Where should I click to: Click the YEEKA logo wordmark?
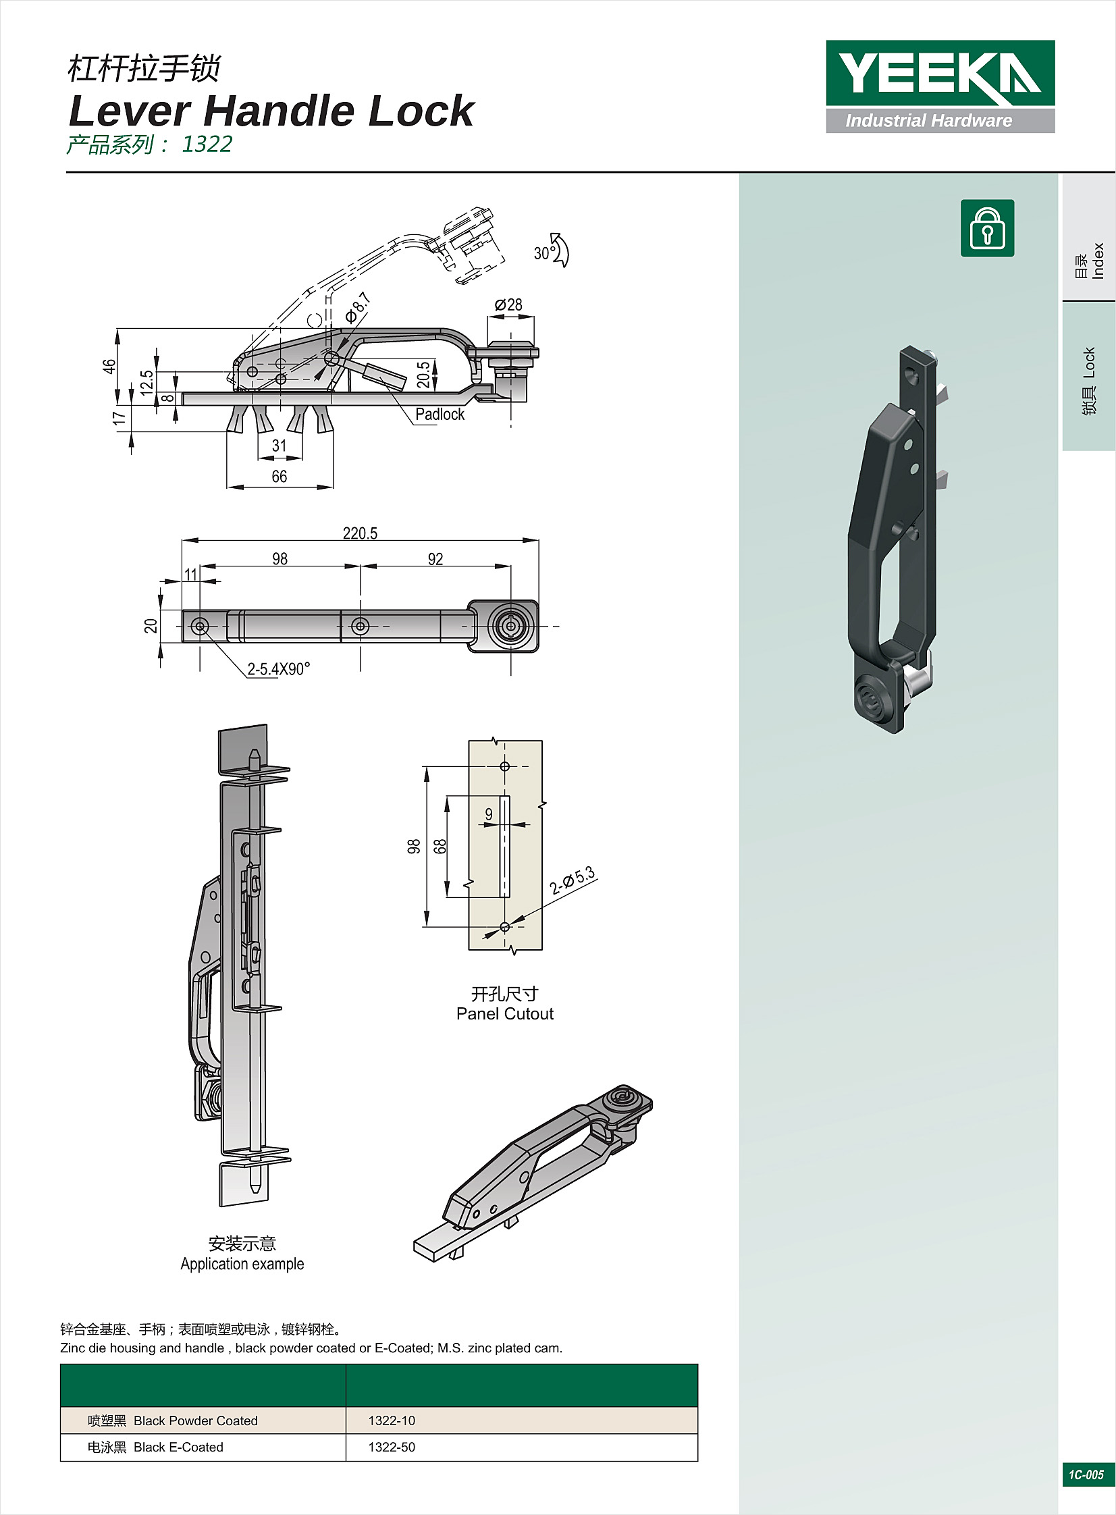click(940, 73)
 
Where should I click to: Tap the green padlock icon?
click(987, 228)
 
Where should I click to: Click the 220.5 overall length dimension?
click(360, 533)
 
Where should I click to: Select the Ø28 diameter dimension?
click(508, 305)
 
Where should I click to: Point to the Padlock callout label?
click(440, 414)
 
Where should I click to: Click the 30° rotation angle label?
click(543, 253)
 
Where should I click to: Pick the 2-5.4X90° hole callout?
click(279, 669)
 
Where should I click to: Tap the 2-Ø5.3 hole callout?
click(573, 880)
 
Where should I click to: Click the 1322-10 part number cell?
click(392, 1420)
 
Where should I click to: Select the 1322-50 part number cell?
click(392, 1447)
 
